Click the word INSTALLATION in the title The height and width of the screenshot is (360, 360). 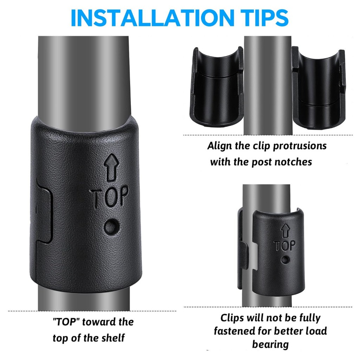tap(153, 18)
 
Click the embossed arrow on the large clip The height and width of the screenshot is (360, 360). tap(111, 167)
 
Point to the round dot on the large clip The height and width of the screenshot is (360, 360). tap(111, 227)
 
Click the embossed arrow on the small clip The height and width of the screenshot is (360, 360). tap(285, 231)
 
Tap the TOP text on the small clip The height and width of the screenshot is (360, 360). tap(285, 246)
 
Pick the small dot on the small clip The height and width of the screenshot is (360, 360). tap(285, 260)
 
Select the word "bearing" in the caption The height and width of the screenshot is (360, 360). tap(270, 345)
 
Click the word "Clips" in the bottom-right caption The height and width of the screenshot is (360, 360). tap(232, 318)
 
